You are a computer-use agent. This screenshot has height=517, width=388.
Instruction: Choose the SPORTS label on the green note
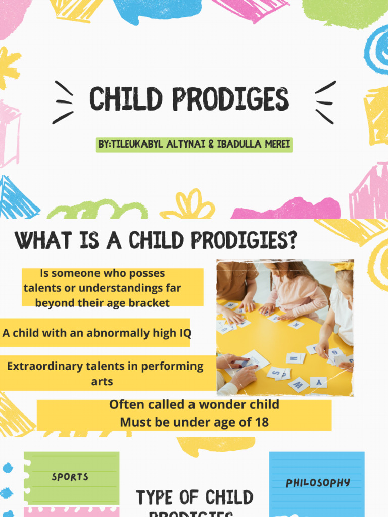70,477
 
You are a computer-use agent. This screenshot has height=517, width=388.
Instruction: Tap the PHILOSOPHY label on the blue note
318,483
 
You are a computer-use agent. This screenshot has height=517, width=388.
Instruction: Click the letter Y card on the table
319,382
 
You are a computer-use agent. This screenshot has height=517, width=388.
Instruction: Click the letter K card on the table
296,325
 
